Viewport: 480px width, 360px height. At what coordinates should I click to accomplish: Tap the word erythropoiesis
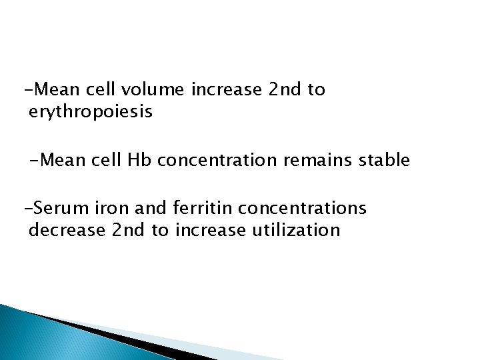point(91,113)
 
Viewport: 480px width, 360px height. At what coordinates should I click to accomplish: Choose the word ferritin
point(194,209)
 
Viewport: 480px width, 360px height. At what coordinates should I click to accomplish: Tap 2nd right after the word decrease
point(127,231)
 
